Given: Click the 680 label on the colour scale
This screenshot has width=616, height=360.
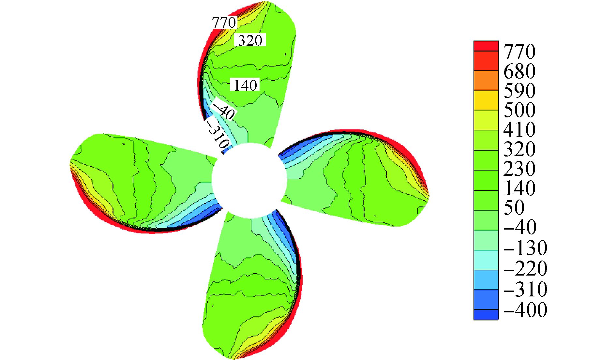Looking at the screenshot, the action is (x=519, y=71).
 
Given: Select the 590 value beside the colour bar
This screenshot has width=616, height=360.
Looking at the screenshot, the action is (x=519, y=90).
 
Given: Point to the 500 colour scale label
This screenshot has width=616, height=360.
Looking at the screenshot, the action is (x=519, y=110).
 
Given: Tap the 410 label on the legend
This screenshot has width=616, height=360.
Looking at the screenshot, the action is (x=519, y=129).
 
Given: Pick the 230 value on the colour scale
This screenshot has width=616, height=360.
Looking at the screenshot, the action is (x=519, y=168).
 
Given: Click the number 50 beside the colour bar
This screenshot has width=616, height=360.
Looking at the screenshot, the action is (x=514, y=207).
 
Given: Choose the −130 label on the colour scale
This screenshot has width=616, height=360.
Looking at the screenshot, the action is (x=525, y=248).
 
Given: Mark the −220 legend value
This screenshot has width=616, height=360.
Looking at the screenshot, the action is (x=525, y=268).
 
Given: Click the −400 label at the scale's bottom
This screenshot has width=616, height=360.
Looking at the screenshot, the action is (x=525, y=309).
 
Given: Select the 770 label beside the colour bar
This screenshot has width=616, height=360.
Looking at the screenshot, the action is (x=519, y=51).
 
